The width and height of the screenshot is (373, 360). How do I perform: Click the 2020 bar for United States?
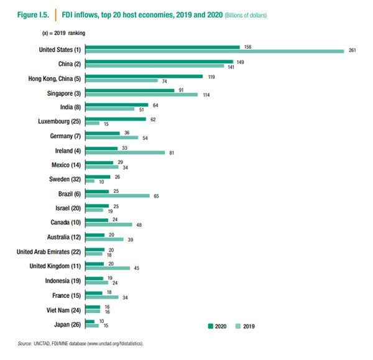162,47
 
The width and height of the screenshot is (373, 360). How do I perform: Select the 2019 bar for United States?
214,52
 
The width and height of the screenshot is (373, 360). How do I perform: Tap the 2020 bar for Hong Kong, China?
144,76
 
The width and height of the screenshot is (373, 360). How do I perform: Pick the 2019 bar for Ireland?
125,153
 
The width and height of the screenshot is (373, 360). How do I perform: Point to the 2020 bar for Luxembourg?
116,119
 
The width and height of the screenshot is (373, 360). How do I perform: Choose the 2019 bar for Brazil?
117,196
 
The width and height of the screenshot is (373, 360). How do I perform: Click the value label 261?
351,52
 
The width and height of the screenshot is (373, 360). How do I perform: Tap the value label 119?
210,76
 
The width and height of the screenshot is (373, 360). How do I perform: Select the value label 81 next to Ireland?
171,153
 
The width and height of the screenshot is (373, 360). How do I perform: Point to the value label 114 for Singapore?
205,95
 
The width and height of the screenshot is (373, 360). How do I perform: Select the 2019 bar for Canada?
109,224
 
